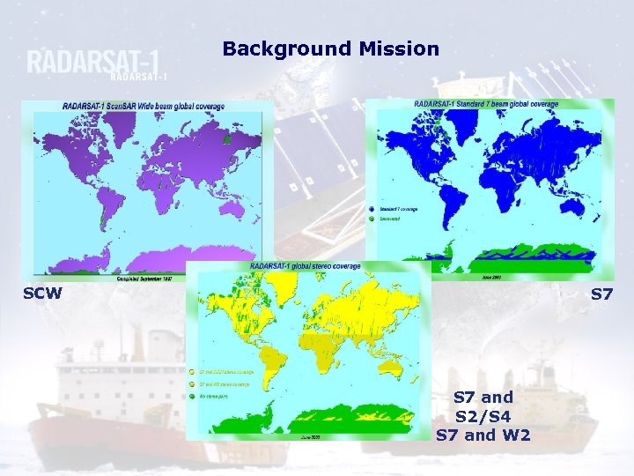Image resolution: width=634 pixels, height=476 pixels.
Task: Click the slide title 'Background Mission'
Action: (330, 49)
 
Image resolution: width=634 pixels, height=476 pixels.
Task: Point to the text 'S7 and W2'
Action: (483, 435)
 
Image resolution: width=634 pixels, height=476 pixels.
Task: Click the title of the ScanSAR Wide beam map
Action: (144, 106)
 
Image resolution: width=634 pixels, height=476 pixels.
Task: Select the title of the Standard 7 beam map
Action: (497, 105)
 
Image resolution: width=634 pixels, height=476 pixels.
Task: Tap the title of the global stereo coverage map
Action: (305, 266)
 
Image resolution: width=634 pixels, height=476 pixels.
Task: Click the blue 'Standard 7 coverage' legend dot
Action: (372, 210)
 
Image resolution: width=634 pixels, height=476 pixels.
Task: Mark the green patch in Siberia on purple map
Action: (227, 139)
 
